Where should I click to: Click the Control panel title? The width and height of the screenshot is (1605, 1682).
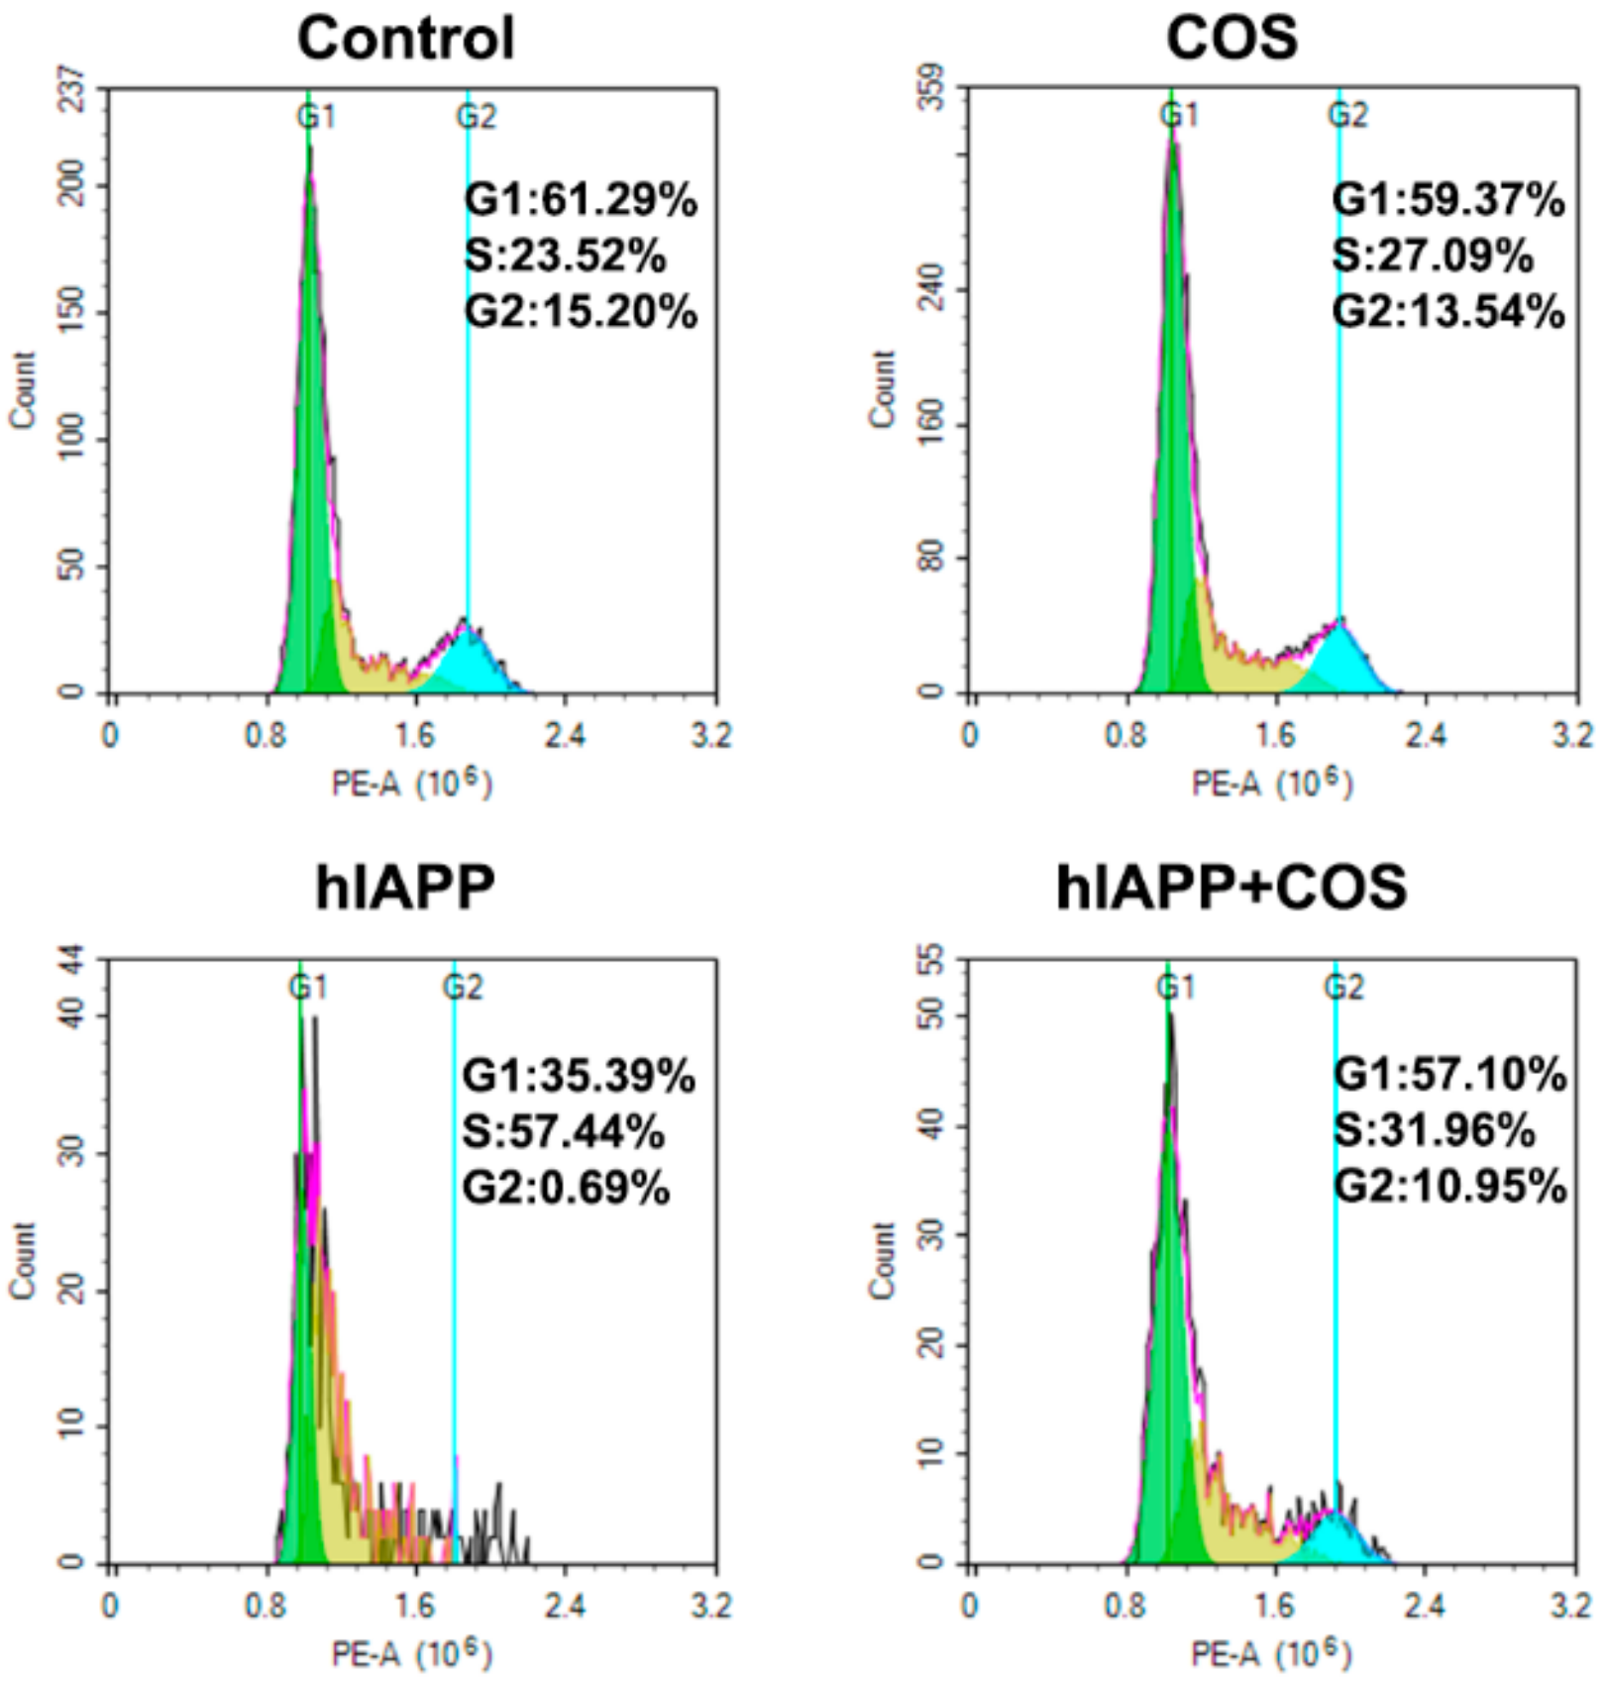point(405,40)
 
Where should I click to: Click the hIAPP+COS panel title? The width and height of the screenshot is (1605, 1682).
point(1230,887)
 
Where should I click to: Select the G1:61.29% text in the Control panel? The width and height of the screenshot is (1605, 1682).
point(581,200)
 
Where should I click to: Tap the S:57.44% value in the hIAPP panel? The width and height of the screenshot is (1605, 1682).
point(563,1131)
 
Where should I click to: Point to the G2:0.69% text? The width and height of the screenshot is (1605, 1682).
point(566,1187)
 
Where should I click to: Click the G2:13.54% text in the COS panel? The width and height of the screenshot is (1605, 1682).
point(1447,312)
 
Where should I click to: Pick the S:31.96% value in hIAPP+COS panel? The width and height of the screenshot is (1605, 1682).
point(1434,1130)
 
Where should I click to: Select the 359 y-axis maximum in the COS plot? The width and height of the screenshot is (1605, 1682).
point(931,89)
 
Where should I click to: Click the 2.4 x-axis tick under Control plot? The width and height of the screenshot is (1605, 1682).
point(564,736)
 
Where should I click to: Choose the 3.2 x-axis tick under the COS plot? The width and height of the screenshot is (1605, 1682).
point(1572,736)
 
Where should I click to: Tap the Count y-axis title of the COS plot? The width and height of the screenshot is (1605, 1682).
point(882,390)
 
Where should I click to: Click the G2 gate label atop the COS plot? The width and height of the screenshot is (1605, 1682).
point(1347,116)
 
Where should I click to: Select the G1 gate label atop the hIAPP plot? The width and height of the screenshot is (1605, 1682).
point(307,988)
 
